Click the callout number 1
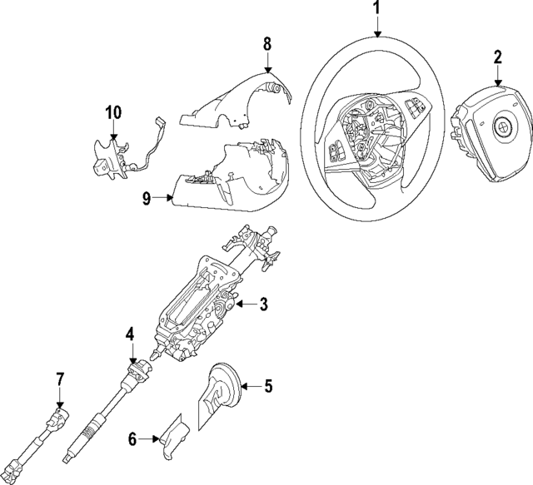tap(376, 10)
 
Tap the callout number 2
tap(498, 57)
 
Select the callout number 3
tap(262, 305)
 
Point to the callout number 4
tap(130, 334)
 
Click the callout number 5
tap(267, 386)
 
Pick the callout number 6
tap(132, 438)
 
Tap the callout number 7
tap(60, 380)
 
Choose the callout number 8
tap(267, 42)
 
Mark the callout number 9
tap(146, 198)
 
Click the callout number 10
tap(113, 111)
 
